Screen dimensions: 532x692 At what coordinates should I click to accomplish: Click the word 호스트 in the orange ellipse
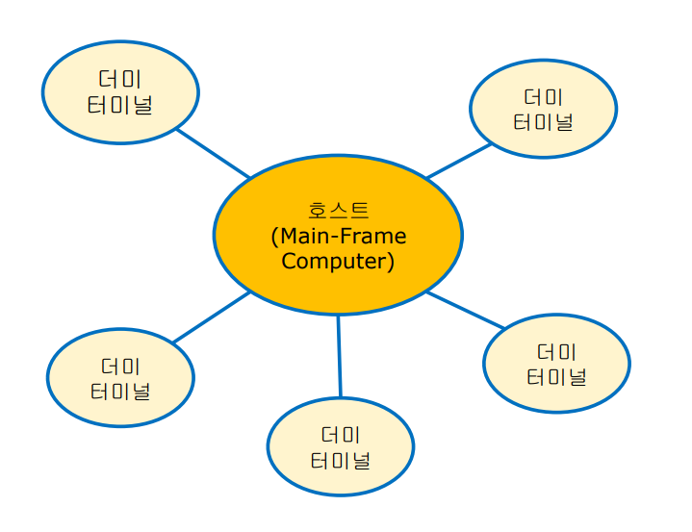pos(338,210)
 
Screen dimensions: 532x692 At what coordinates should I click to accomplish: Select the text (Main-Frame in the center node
pos(338,236)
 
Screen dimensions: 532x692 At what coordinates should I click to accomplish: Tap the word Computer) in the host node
pos(338,261)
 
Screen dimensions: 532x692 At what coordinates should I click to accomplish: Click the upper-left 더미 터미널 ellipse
pos(120,92)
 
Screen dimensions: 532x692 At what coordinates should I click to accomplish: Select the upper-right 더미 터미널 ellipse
pos(543,109)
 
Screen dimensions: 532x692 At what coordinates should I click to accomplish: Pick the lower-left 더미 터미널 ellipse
pos(120,378)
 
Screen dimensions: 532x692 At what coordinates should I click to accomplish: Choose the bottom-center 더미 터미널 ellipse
pos(340,447)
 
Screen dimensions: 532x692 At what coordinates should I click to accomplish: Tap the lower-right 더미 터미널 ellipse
pos(556,364)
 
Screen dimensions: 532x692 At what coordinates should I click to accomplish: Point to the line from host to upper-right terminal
pos(459,161)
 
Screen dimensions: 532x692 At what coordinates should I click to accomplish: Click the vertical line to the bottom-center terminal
pos(339,356)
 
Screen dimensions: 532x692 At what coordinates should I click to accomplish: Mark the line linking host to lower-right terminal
pos(466,311)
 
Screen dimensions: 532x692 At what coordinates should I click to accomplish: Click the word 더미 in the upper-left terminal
pos(120,79)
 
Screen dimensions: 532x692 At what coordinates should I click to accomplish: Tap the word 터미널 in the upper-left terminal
pos(120,105)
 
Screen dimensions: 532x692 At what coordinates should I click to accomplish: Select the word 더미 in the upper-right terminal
pos(543,97)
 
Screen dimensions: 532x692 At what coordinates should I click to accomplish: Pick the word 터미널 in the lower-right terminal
pos(556,376)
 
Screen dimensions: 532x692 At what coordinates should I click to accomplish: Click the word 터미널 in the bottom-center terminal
pos(340,460)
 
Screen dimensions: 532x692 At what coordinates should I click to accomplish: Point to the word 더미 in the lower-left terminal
pos(120,367)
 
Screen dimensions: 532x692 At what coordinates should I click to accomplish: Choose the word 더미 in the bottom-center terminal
pos(340,435)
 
